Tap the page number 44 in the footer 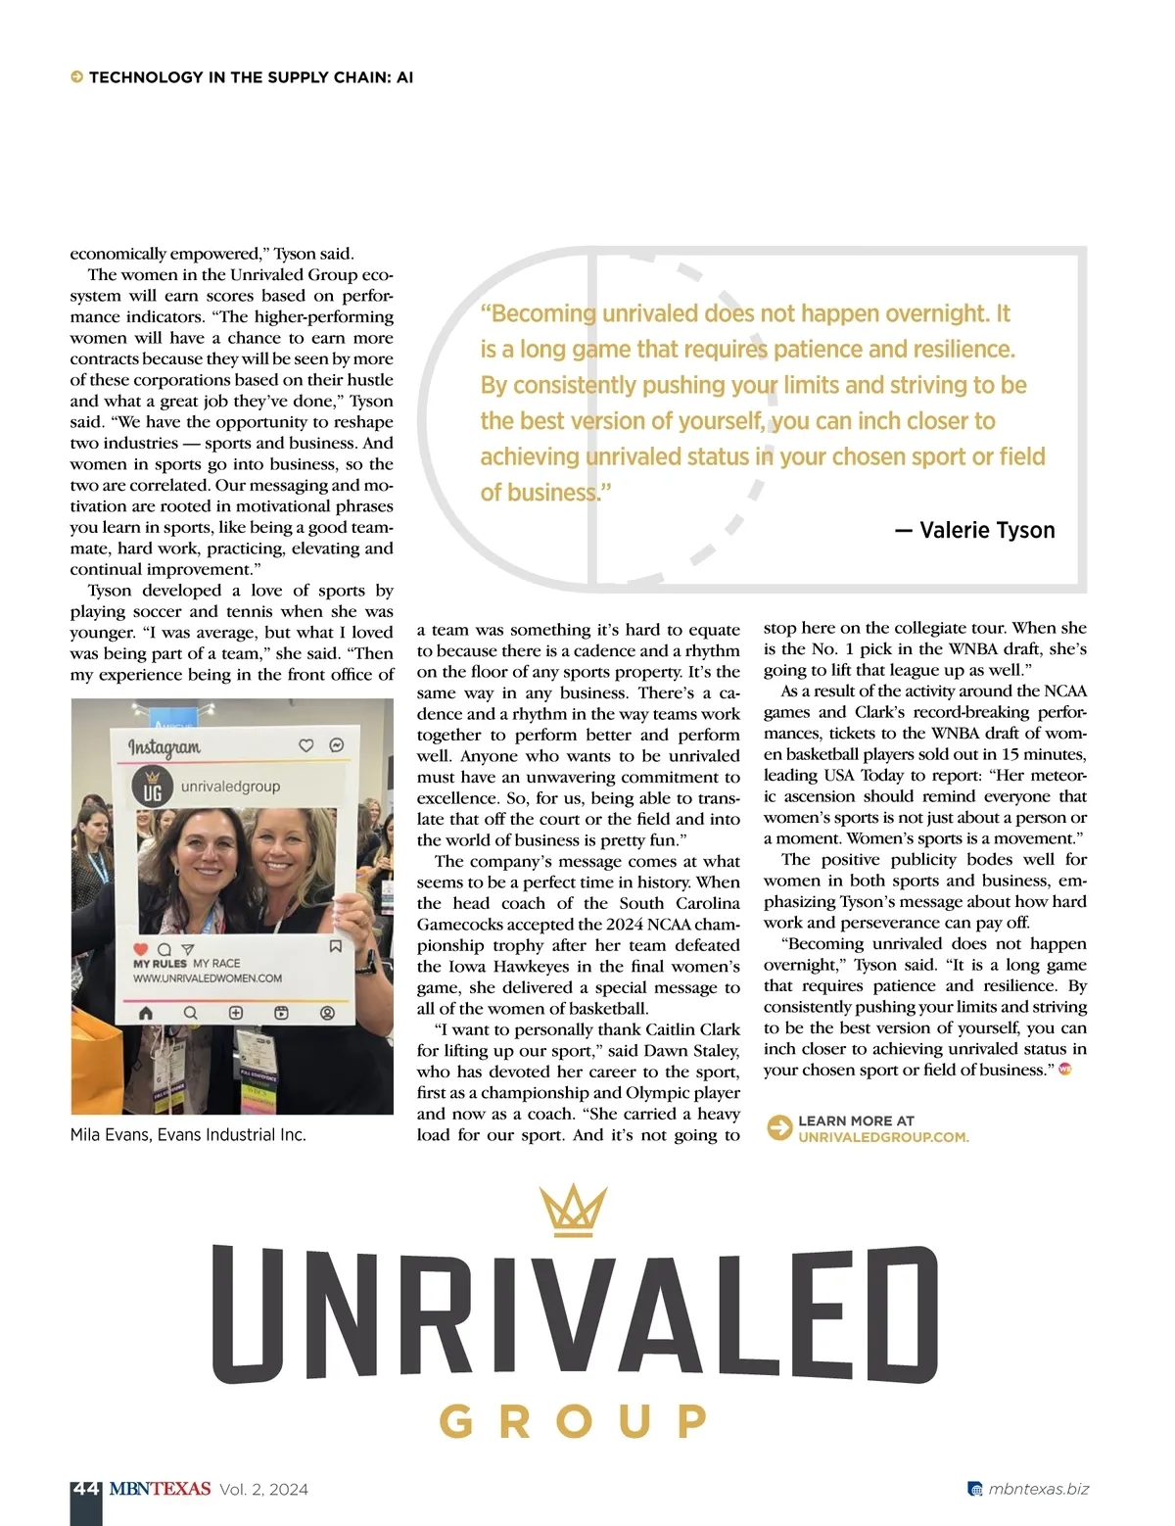(86, 1489)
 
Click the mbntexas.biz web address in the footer (1038, 1489)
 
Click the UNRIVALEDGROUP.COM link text (883, 1137)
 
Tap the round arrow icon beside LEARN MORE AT (779, 1128)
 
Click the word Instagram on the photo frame (164, 747)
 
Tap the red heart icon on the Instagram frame (140, 949)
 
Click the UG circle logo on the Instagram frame (152, 787)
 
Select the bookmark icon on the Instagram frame (335, 946)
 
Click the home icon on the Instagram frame (146, 1013)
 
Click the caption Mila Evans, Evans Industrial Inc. (188, 1134)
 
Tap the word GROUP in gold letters (573, 1421)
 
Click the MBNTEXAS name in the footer (160, 1489)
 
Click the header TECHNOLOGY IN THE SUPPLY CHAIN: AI (251, 77)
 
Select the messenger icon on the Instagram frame (336, 745)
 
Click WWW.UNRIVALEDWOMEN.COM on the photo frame (208, 978)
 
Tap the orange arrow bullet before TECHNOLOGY (76, 77)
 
